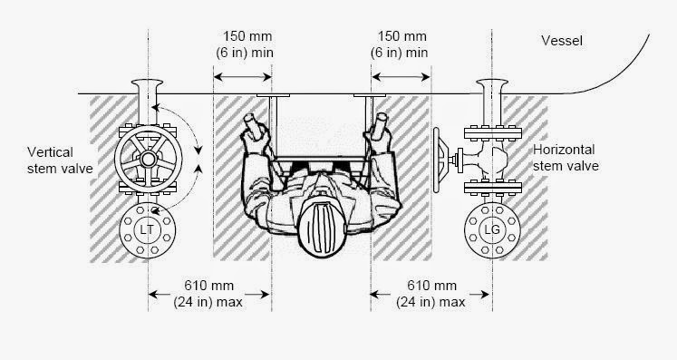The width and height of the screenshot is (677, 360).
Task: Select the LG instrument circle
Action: click(490, 233)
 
